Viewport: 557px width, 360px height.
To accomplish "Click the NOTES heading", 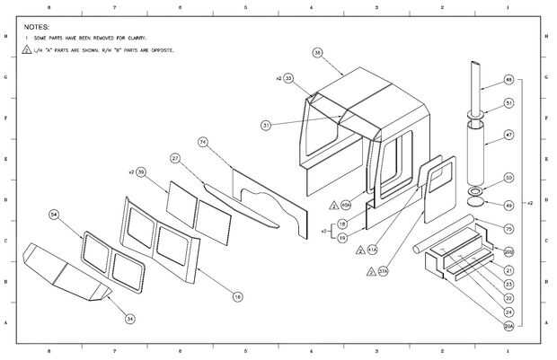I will coord(37,28).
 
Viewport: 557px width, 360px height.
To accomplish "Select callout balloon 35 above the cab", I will coord(317,53).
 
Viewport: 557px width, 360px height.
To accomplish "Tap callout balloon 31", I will coord(267,125).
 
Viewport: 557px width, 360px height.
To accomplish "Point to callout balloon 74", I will coord(203,142).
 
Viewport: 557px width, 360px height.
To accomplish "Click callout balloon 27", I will coord(176,158).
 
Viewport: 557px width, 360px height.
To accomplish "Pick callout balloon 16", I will coord(237,295).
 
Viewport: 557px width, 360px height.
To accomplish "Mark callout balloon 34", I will coord(129,318).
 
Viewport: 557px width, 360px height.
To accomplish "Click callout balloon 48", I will coord(508,80).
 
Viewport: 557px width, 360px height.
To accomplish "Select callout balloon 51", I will coord(508,104).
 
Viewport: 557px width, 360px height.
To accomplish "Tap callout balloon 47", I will coord(508,136).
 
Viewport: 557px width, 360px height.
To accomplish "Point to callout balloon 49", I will coord(508,206).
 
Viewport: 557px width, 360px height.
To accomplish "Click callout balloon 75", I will coord(508,229).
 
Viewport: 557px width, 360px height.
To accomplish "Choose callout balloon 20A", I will coord(508,325).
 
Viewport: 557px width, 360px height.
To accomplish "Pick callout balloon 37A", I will coord(384,270).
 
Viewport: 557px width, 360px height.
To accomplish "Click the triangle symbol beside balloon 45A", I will coord(334,205).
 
